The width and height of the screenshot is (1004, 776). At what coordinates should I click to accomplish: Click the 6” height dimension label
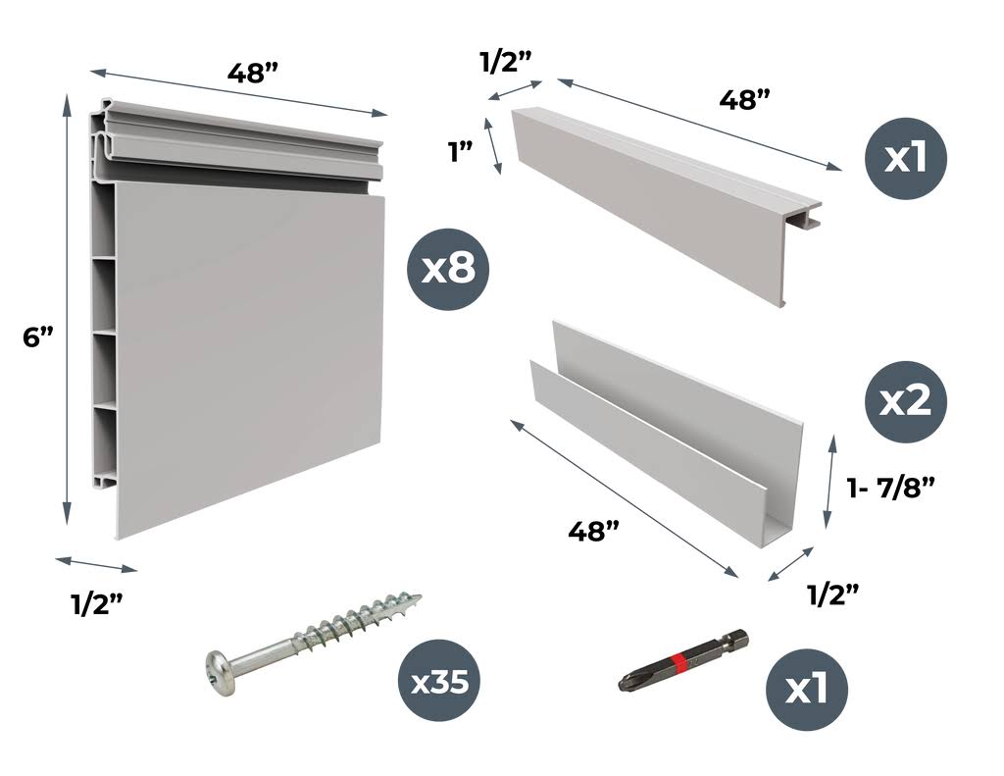click(36, 336)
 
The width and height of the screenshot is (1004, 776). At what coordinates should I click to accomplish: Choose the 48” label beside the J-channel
click(594, 530)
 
